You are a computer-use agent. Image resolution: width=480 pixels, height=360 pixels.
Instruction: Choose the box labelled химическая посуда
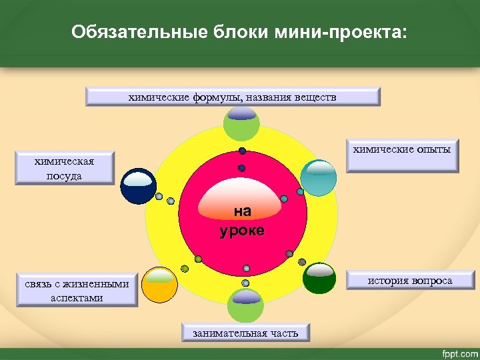tap(65, 168)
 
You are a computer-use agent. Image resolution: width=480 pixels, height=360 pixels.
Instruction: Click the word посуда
tap(65, 175)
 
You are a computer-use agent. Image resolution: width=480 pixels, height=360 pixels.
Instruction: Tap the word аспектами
tap(77, 297)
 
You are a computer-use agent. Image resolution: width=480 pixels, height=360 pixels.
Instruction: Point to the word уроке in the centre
tap(241, 231)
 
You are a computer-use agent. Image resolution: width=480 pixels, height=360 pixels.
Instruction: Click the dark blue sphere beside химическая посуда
tap(138, 185)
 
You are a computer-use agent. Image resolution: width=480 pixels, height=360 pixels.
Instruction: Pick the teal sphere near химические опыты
tap(319, 177)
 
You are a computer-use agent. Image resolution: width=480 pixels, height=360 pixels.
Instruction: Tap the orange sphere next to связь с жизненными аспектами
tap(159, 285)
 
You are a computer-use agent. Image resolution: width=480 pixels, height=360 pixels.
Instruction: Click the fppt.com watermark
tap(457, 351)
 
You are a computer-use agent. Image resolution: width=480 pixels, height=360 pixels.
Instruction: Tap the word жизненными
tap(99, 283)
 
